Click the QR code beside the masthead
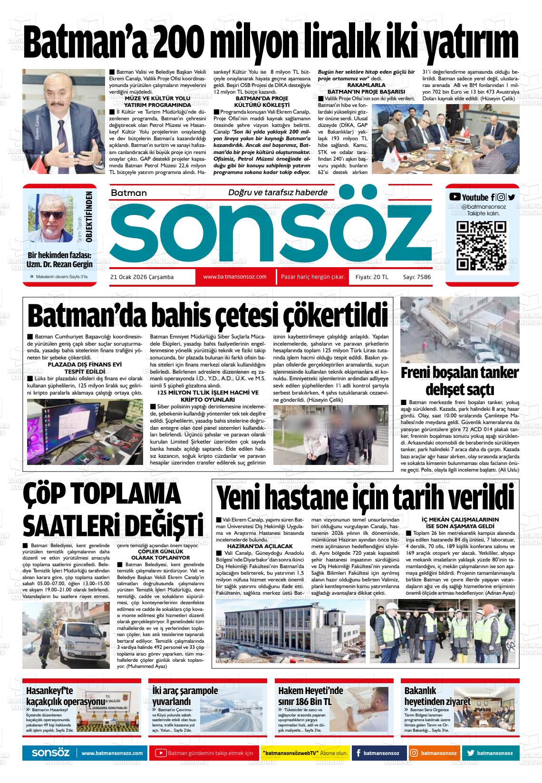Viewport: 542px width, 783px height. tap(481, 246)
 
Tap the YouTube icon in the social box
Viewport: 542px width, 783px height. tap(455, 197)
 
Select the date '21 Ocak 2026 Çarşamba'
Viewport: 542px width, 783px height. tap(142, 277)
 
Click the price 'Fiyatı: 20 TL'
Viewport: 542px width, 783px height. tap(372, 277)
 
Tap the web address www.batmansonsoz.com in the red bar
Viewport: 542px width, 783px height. tap(234, 277)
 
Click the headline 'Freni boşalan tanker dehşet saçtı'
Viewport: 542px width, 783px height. tap(459, 381)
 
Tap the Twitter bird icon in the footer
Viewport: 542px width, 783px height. tap(470, 753)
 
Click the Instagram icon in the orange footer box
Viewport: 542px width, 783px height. tap(414, 753)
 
